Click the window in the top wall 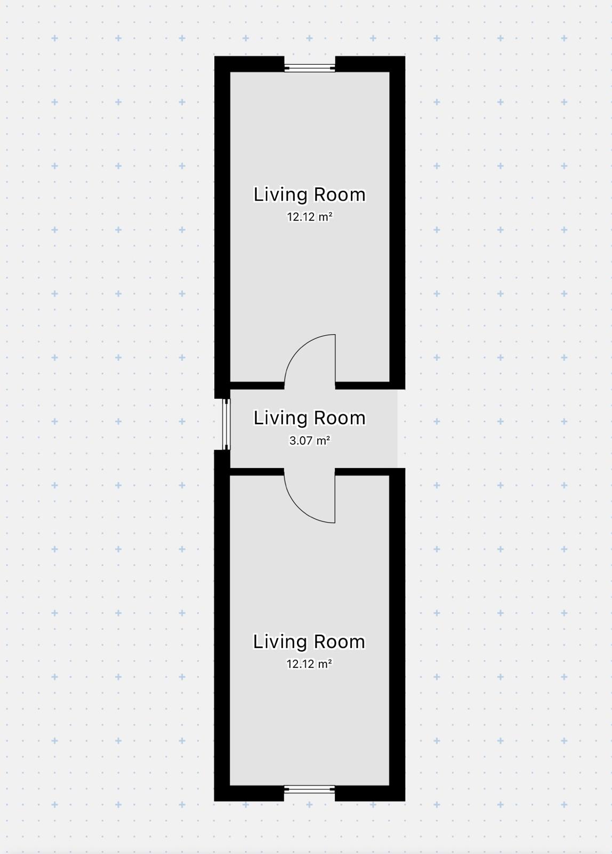pyautogui.click(x=310, y=68)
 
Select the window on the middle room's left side pyautogui.click(x=227, y=424)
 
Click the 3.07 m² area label pyautogui.click(x=310, y=441)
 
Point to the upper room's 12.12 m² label pyautogui.click(x=310, y=217)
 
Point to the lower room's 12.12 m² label pyautogui.click(x=309, y=664)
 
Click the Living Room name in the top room pyautogui.click(x=310, y=194)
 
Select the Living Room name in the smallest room pyautogui.click(x=310, y=418)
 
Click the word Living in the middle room pyautogui.click(x=280, y=418)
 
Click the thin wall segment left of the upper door pyautogui.click(x=257, y=385)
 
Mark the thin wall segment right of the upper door pyautogui.click(x=362, y=385)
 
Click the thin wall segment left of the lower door pyautogui.click(x=257, y=472)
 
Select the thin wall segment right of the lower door pyautogui.click(x=362, y=472)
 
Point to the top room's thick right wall pyautogui.click(x=397, y=223)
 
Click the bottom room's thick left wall pyautogui.click(x=222, y=626)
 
